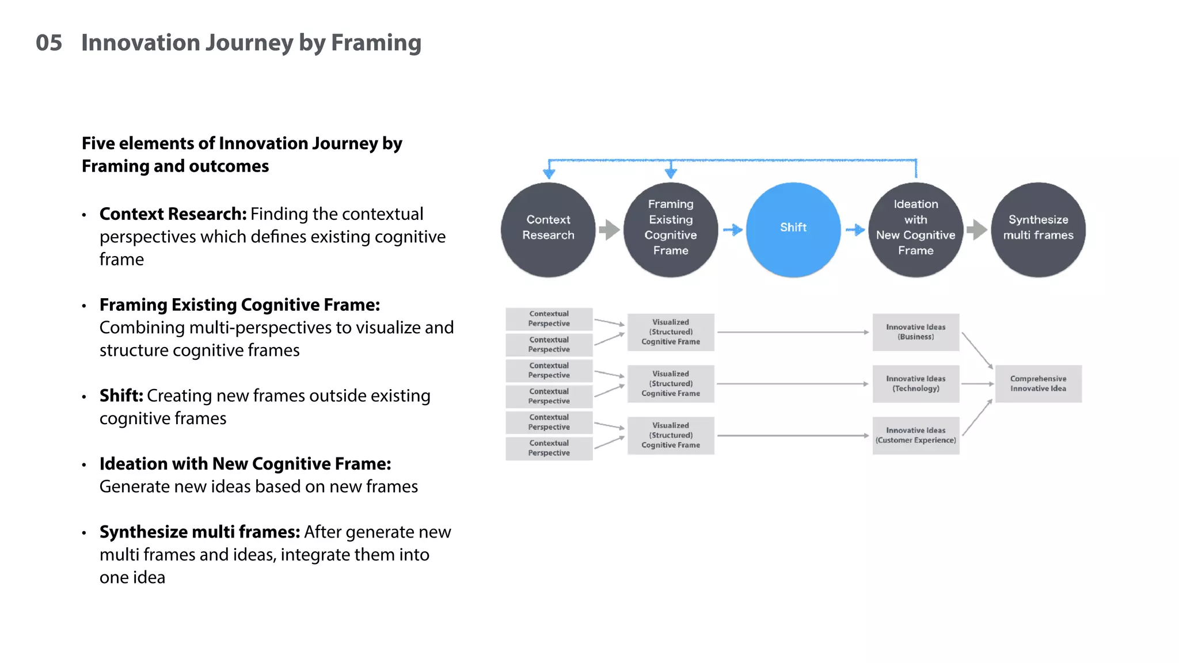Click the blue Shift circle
pyautogui.click(x=793, y=229)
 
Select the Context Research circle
pyautogui.click(x=548, y=229)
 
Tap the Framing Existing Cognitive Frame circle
pyautogui.click(x=671, y=229)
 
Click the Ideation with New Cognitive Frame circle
pyautogui.click(x=915, y=229)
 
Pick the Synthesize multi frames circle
pyautogui.click(x=1038, y=229)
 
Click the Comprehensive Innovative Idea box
pyautogui.click(x=1038, y=383)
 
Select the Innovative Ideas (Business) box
pyautogui.click(x=915, y=332)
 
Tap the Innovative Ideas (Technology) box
pyautogui.click(x=915, y=383)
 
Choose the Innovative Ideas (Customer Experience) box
pyautogui.click(x=915, y=435)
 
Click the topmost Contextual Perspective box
pyautogui.click(x=549, y=319)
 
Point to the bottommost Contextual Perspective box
pyautogui.click(x=549, y=448)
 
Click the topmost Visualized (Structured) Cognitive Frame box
pyautogui.click(x=671, y=332)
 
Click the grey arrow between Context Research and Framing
pyautogui.click(x=609, y=230)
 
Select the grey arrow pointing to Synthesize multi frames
pyautogui.click(x=976, y=230)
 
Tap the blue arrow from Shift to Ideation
pyautogui.click(x=855, y=230)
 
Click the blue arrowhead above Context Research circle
pyautogui.click(x=549, y=173)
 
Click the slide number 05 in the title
pyautogui.click(x=49, y=43)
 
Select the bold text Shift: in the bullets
pyautogui.click(x=121, y=396)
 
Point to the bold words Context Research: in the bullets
pyautogui.click(x=173, y=214)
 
